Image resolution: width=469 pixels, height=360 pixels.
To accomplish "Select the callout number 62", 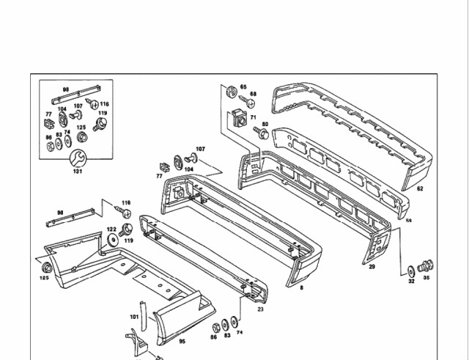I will click(420, 189).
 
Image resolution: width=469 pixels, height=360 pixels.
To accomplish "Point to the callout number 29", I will click(372, 267).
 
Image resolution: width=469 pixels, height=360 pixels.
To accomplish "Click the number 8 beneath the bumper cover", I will click(300, 288).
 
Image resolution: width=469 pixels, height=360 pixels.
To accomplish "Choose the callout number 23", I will click(260, 309).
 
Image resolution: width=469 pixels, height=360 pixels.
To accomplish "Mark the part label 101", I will click(134, 317).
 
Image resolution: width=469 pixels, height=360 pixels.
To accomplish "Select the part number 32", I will click(411, 280).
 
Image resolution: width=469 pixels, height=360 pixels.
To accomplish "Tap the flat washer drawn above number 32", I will click(410, 270).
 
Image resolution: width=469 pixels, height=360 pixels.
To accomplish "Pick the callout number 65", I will click(243, 87).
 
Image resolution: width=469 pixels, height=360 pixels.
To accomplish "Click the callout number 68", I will click(254, 94).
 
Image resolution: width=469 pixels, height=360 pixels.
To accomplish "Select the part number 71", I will click(253, 117).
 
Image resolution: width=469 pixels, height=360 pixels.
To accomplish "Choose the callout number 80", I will click(265, 124).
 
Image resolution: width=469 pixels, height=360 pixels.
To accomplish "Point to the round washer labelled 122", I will click(112, 240).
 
